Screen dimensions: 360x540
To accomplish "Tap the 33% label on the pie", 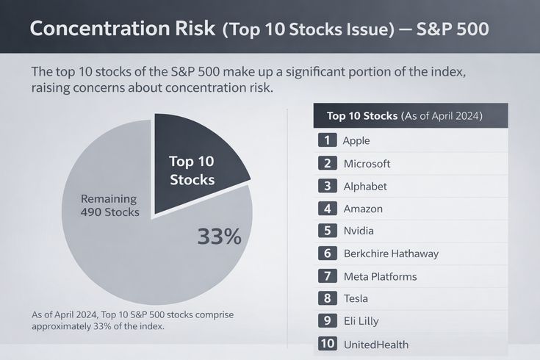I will click(x=219, y=237).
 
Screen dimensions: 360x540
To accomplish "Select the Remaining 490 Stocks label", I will click(x=109, y=205).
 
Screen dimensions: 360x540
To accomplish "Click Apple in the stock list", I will click(x=356, y=140).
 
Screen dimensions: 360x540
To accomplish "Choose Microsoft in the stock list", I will click(x=367, y=163).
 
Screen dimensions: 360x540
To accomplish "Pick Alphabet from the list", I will click(x=365, y=186).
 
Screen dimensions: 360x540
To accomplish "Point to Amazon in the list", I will click(x=363, y=209).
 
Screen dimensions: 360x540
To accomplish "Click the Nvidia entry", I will click(x=359, y=231).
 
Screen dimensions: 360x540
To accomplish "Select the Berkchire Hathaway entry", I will click(x=391, y=253).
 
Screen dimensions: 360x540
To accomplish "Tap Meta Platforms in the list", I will click(x=380, y=276).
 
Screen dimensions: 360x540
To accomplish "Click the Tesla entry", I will click(x=356, y=298).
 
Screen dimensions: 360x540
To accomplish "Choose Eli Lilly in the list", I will click(x=361, y=321).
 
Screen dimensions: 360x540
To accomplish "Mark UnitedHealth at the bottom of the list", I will click(x=376, y=344).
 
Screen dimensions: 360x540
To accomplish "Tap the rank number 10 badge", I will click(x=328, y=344).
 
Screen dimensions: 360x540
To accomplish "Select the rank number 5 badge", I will click(x=327, y=231).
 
